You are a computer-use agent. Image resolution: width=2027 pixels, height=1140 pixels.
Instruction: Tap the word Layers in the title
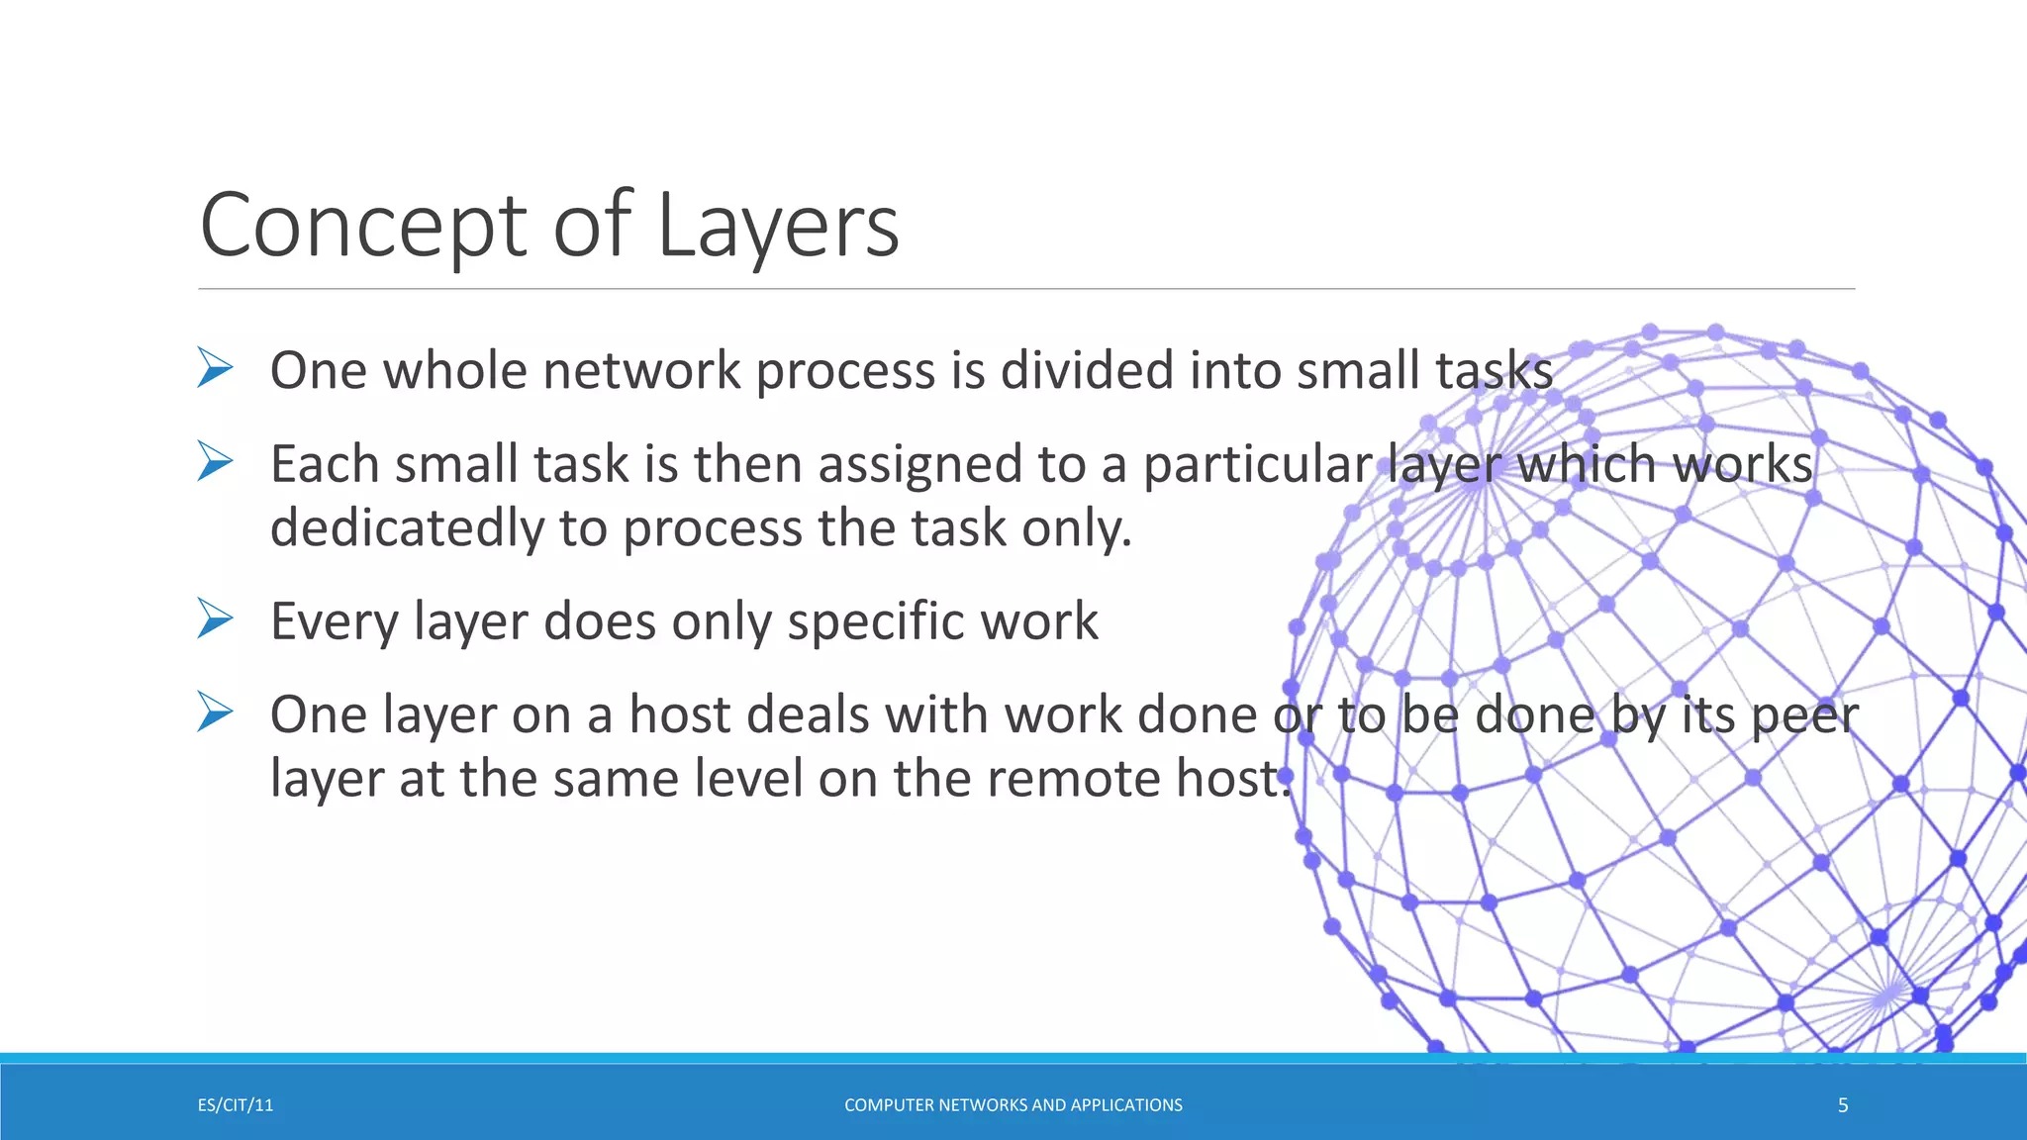tap(778, 227)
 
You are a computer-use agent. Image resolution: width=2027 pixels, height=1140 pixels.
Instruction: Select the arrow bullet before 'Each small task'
tap(215, 461)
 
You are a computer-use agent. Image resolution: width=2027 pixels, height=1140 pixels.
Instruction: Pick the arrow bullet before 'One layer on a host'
tap(215, 712)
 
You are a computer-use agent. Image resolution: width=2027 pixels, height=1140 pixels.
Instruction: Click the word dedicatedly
tap(406, 528)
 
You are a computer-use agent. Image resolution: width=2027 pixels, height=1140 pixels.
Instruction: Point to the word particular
tap(1257, 465)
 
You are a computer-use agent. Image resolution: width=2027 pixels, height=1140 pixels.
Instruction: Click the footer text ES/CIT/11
tap(236, 1105)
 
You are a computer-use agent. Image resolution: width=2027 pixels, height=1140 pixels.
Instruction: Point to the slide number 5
tap(1843, 1105)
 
